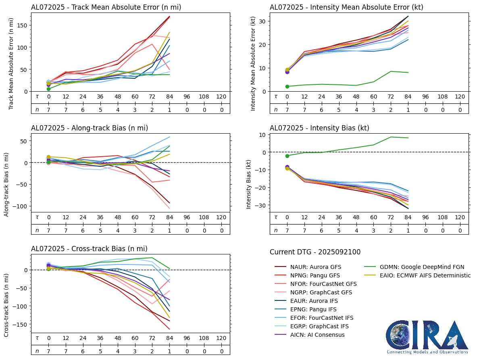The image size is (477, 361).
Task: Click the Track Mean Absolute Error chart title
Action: [x=106, y=7]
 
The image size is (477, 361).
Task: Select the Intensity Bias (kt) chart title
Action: [x=319, y=128]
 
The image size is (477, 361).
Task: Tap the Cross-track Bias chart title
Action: [x=89, y=249]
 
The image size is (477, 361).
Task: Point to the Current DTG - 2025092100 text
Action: [x=315, y=252]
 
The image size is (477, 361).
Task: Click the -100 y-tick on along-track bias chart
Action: [x=21, y=206]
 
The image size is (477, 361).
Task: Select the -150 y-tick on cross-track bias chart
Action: [x=21, y=325]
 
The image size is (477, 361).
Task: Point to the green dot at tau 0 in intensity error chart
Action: [x=287, y=86]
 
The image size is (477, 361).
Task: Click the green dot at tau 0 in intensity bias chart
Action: [x=287, y=156]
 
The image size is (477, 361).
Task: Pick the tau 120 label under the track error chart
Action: [x=221, y=97]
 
